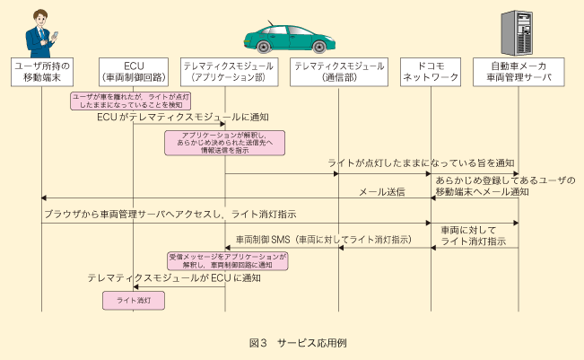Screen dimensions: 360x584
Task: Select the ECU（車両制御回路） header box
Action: [x=133, y=73]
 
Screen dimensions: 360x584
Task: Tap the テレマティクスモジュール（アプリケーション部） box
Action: [x=225, y=73]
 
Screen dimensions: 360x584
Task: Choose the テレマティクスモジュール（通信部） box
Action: [x=338, y=73]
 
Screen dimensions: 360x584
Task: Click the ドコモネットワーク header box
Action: [x=430, y=73]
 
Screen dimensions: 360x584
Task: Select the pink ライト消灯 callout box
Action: [x=133, y=300]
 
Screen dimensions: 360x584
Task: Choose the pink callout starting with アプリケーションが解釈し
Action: [x=220, y=142]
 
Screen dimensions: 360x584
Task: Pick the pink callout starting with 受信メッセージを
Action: [x=228, y=260]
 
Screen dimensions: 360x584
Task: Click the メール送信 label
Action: [x=382, y=191]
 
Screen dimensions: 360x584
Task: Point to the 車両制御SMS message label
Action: [x=323, y=240]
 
